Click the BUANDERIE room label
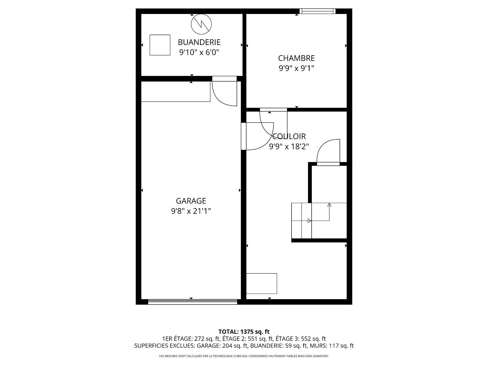199,42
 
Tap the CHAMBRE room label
296,58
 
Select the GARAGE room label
191,201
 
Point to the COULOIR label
289,136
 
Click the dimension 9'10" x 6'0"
199,52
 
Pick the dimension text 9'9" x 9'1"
296,68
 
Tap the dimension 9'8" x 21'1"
191,211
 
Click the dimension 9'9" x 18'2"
289,147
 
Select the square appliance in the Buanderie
160,45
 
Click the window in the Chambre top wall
317,11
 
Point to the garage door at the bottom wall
193,302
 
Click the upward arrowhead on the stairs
329,205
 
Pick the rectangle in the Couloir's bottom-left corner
262,284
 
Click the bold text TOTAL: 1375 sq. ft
244,331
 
